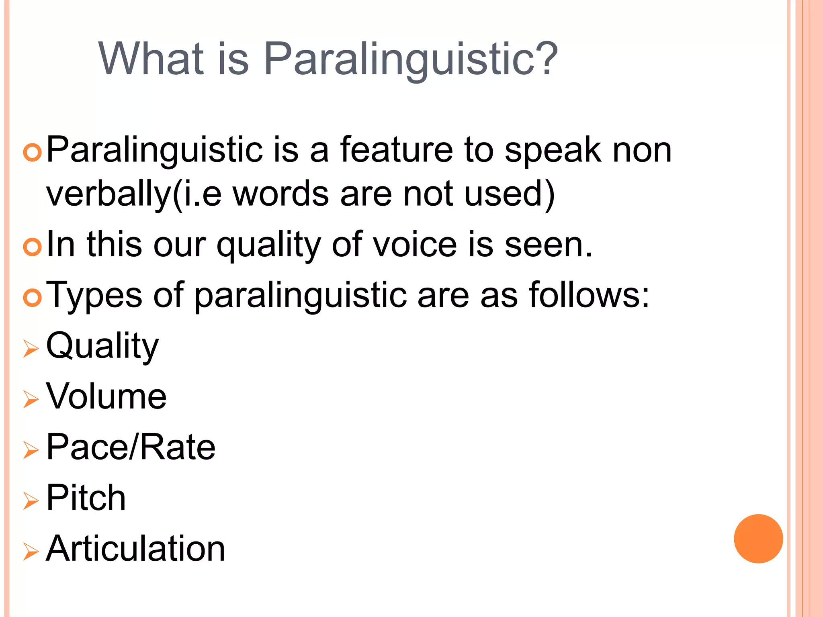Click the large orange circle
pyautogui.click(x=758, y=539)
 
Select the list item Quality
pyautogui.click(x=102, y=346)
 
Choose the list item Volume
pyautogui.click(x=106, y=396)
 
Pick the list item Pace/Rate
pyautogui.click(x=131, y=447)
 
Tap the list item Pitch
pyautogui.click(x=86, y=498)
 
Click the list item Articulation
pyautogui.click(x=135, y=548)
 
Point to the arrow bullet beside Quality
pyautogui.click(x=31, y=348)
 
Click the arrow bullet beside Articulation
pyautogui.click(x=31, y=551)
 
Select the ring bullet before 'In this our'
pyautogui.click(x=32, y=247)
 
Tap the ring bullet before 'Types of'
pyautogui.click(x=32, y=298)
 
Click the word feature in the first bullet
pyautogui.click(x=396, y=150)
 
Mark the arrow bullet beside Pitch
pyautogui.click(x=31, y=501)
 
